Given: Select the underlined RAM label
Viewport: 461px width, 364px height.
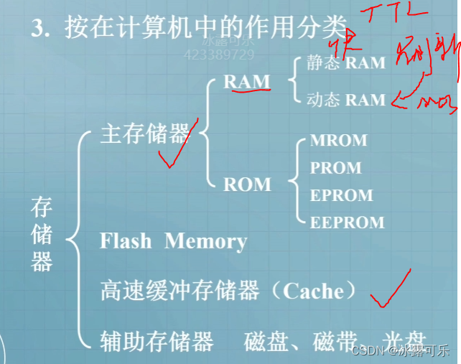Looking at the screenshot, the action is [x=247, y=82].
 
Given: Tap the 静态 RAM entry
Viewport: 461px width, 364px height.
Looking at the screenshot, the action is [x=345, y=62].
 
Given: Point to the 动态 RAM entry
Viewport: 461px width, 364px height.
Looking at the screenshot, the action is [x=345, y=100].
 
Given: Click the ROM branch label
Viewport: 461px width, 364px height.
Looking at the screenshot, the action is [x=247, y=185].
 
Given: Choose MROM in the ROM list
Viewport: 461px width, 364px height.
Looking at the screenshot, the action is [x=338, y=141].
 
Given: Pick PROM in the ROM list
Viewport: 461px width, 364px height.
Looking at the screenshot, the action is [x=335, y=168].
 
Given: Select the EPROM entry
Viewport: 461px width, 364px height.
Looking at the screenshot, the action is [x=341, y=195].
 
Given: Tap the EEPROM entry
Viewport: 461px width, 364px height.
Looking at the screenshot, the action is [x=347, y=223].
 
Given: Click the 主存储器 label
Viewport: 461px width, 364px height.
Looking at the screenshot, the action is [x=144, y=134].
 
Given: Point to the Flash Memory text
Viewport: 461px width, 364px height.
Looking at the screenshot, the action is [x=173, y=241].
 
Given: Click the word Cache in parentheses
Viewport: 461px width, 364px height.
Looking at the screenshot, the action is [x=313, y=291].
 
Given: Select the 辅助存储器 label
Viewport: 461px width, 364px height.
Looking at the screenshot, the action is [x=157, y=340].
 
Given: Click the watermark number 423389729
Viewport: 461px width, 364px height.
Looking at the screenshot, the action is [x=219, y=55].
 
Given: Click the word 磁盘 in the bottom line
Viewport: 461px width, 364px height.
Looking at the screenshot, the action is [x=266, y=340].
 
